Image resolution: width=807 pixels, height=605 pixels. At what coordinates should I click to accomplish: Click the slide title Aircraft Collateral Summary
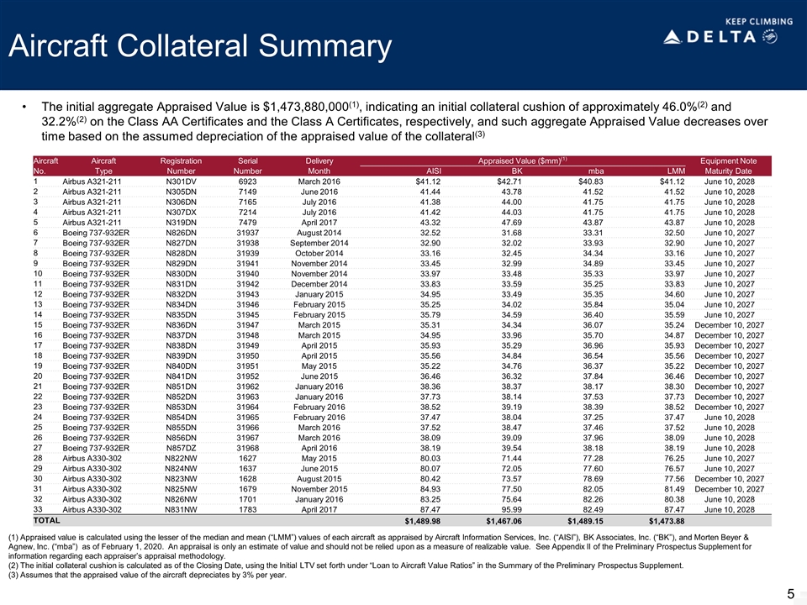200,48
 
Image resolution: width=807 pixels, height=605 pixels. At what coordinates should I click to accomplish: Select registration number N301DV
181,181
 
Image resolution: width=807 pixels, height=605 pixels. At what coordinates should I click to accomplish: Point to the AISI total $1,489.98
418,521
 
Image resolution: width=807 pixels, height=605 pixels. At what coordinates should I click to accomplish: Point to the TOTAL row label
46,521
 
